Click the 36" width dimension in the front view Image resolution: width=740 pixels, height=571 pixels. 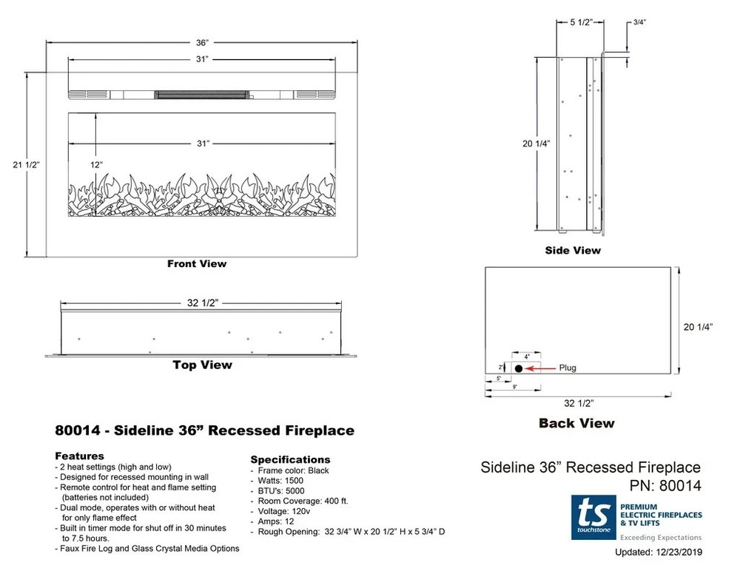point(202,43)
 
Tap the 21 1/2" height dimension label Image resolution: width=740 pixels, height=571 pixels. point(26,165)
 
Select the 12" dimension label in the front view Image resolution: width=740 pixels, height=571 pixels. point(96,165)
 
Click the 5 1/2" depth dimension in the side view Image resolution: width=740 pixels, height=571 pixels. point(580,22)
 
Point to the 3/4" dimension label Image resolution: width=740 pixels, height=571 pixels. point(639,21)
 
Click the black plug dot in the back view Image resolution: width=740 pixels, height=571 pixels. point(519,368)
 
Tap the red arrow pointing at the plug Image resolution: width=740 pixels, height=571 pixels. point(540,368)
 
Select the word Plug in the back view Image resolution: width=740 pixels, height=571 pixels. point(568,368)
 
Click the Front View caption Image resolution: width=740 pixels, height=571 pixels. point(197,264)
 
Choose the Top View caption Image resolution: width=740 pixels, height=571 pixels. point(203,365)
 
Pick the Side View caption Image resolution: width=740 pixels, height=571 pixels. point(573,251)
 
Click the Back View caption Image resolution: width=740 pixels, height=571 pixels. point(576,423)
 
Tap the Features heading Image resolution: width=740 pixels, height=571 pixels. point(79,456)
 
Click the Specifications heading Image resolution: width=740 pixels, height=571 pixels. point(290,459)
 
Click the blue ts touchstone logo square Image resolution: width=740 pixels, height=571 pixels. point(593,517)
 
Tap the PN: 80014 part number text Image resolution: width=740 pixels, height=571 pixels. point(665,486)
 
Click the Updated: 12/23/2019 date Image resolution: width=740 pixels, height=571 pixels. point(659,552)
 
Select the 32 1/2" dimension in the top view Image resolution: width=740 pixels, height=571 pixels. point(203,303)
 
